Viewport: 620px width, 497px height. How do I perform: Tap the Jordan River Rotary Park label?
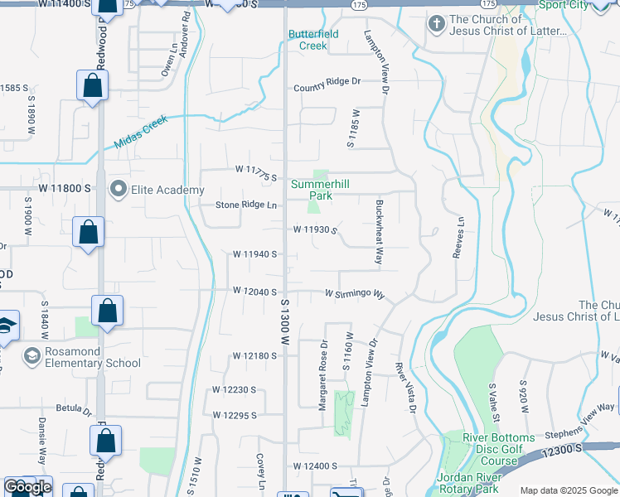tap(486, 484)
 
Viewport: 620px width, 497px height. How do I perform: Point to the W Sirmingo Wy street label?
tap(355, 294)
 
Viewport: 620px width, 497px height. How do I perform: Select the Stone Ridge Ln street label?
tap(246, 205)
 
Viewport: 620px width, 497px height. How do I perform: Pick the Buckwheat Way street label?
tap(379, 231)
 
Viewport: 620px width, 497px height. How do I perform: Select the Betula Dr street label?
tap(73, 409)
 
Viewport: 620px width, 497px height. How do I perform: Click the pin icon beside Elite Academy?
tap(118, 190)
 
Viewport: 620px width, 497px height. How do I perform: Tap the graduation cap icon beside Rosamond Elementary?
tap(32, 356)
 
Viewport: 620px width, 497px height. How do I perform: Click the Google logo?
tap(27, 487)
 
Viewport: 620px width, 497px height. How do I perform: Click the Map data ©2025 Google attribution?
tap(568, 490)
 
